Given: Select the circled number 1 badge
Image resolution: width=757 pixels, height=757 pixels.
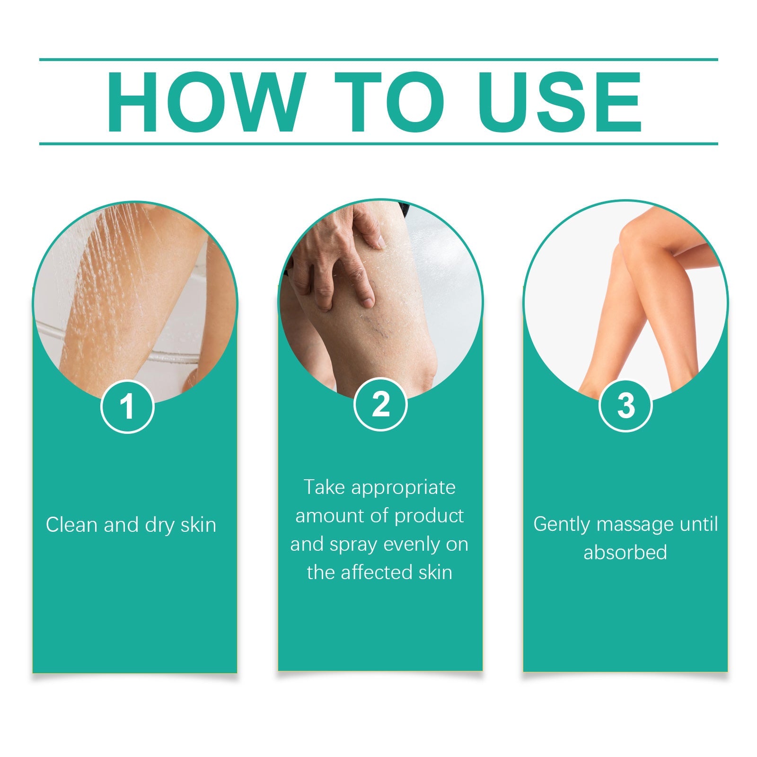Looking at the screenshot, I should click(x=127, y=406).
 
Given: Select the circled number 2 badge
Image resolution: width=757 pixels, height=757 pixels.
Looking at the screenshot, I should click(x=380, y=404).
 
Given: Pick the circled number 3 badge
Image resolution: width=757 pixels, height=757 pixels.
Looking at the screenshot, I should click(x=625, y=405).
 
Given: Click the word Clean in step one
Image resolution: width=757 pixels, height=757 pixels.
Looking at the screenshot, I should click(x=72, y=525).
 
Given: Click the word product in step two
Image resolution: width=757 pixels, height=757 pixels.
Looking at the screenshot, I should click(x=429, y=516).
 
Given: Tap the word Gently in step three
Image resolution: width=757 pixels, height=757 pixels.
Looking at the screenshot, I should click(x=562, y=524).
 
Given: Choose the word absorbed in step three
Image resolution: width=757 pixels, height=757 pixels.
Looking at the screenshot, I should click(x=625, y=553).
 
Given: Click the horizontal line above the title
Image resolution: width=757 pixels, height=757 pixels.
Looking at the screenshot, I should click(x=378, y=60).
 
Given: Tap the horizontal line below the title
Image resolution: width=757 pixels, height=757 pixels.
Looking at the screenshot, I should click(x=378, y=143).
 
